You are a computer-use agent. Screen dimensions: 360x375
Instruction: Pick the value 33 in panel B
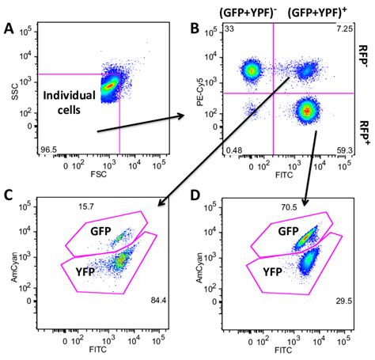click(x=229, y=28)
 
